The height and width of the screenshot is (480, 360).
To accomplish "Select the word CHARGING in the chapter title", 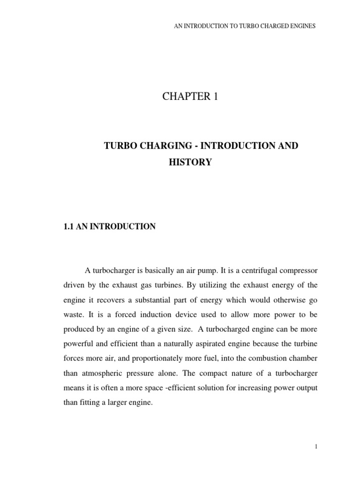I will [152, 146].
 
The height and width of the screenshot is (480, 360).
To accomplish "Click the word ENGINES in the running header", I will [302, 26].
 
